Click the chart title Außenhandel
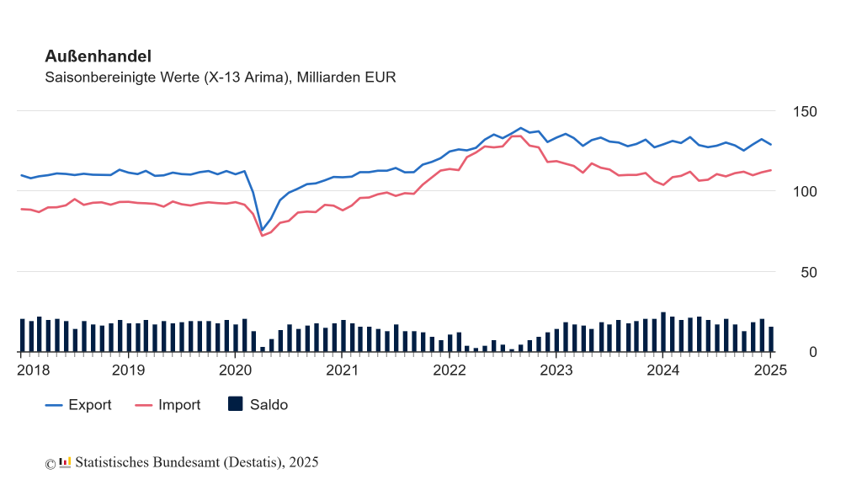point(98,56)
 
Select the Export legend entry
point(78,405)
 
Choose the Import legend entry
point(168,405)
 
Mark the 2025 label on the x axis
point(769,370)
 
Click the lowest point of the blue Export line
point(262,230)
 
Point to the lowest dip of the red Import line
point(262,235)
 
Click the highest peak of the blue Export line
point(520,128)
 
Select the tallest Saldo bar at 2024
point(663,332)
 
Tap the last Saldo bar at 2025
point(770,339)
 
